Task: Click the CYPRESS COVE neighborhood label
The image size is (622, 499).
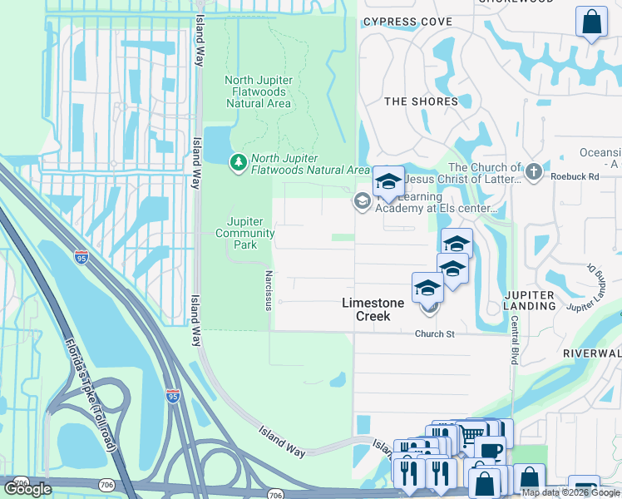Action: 407,22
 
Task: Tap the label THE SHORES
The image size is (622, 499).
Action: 421,101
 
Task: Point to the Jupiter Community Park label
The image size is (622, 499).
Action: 245,233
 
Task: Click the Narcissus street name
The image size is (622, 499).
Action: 268,289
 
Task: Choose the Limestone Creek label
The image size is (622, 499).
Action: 373,304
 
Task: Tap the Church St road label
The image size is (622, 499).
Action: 435,334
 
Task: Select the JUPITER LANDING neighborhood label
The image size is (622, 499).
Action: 530,300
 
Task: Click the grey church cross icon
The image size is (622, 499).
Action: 534,173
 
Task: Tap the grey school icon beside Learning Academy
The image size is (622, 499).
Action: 363,200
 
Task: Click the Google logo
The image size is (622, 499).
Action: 27,488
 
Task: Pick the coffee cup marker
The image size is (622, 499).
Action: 491,450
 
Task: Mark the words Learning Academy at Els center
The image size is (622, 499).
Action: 437,208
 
